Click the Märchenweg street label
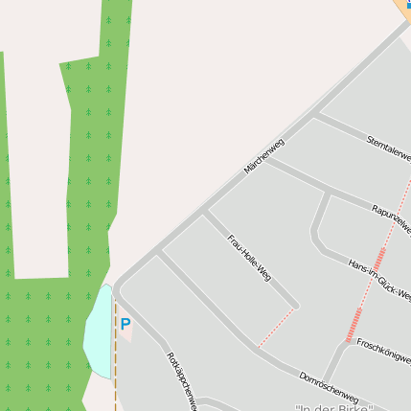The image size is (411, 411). tap(264, 156)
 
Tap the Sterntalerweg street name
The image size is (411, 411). tap(389, 148)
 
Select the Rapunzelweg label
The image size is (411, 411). tap(392, 218)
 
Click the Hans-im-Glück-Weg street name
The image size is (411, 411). tap(379, 279)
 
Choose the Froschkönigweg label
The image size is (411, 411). tap(383, 348)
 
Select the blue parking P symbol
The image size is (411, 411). tap(125, 324)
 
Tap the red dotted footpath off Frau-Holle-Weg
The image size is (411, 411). tap(277, 326)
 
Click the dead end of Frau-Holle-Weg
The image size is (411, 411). tap(297, 307)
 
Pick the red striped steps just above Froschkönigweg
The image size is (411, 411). tap(354, 324)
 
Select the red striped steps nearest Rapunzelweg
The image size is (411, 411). tap(379, 259)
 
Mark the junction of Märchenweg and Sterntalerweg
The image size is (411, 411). tap(316, 116)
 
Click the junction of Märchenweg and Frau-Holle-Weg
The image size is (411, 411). tap(204, 213)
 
